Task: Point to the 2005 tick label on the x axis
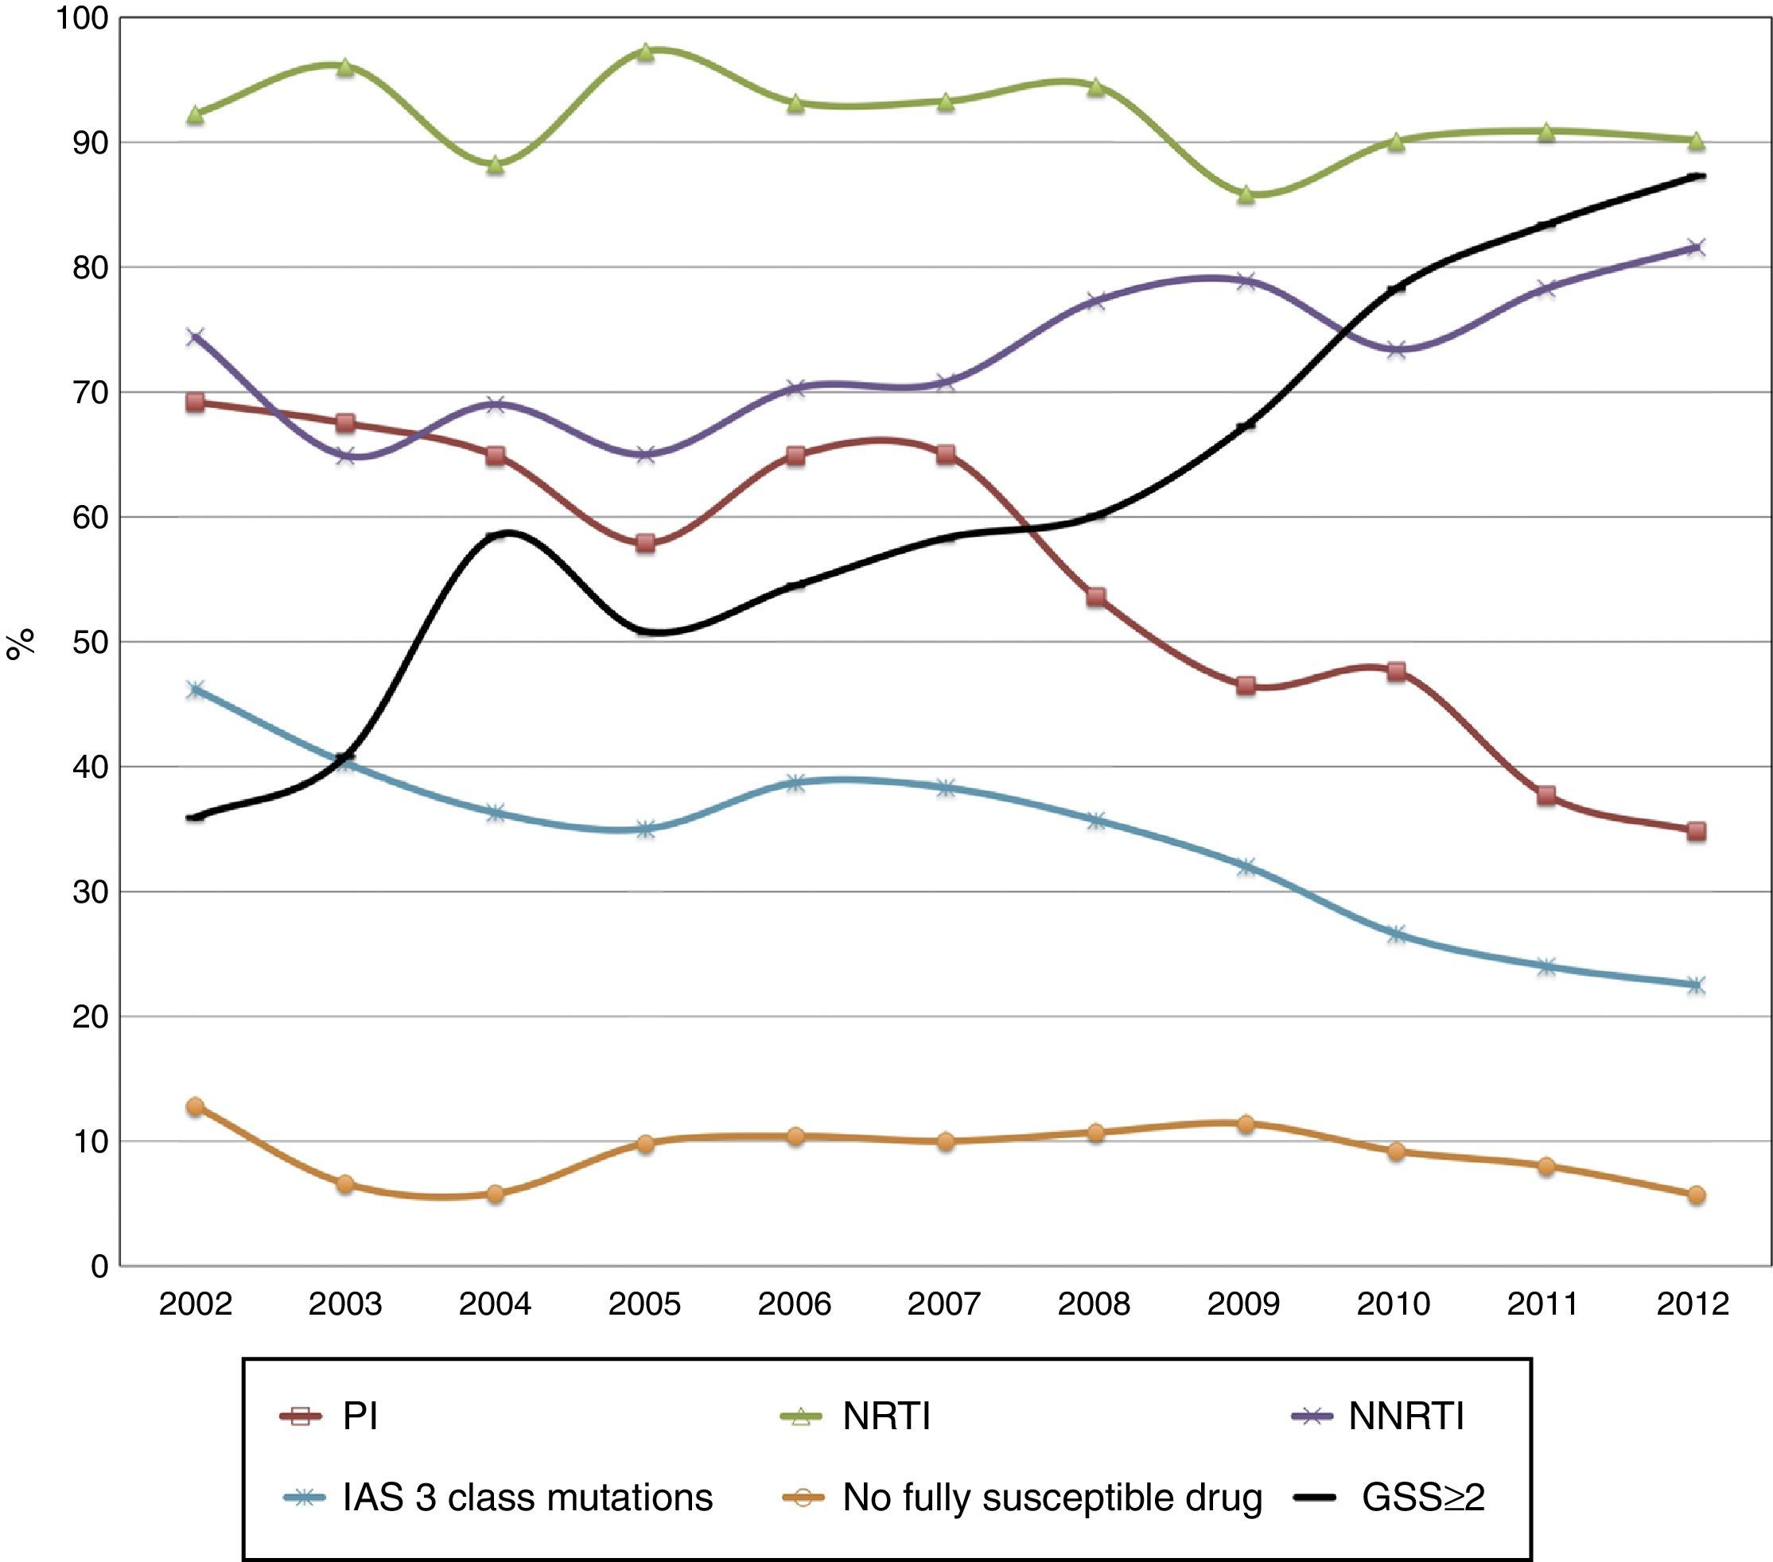[x=644, y=1304]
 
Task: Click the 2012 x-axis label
[x=1693, y=1304]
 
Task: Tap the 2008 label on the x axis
[x=1094, y=1304]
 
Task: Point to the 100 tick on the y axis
[x=82, y=18]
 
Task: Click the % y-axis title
[x=21, y=643]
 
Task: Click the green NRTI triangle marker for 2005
[x=645, y=52]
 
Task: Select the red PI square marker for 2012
[x=1696, y=831]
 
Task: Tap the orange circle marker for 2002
[x=195, y=1106]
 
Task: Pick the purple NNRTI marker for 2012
[x=1696, y=247]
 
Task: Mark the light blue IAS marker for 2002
[x=195, y=690]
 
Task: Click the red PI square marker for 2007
[x=946, y=454]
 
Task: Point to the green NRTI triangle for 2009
[x=1246, y=195]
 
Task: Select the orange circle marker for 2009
[x=1246, y=1124]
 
